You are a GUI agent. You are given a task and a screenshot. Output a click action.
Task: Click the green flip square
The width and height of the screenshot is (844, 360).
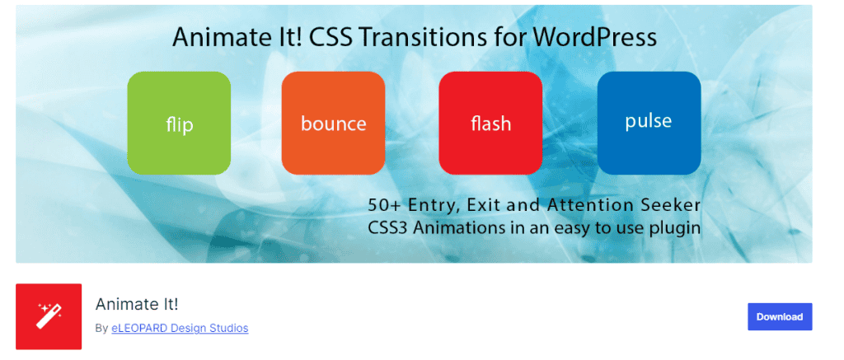(x=179, y=124)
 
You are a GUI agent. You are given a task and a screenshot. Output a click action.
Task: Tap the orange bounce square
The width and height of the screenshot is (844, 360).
(x=333, y=124)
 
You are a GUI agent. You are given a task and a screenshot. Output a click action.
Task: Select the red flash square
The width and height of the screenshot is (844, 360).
(x=490, y=124)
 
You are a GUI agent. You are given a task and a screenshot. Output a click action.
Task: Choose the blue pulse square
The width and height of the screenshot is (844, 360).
(x=649, y=124)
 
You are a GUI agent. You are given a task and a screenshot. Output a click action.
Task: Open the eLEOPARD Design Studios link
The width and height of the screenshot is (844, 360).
(x=180, y=328)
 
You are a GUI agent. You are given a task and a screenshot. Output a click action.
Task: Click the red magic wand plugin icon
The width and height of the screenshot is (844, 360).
(x=49, y=316)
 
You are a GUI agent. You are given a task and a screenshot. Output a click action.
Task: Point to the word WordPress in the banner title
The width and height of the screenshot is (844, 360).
(x=595, y=38)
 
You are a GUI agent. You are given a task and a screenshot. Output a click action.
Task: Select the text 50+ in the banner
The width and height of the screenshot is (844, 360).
(x=384, y=205)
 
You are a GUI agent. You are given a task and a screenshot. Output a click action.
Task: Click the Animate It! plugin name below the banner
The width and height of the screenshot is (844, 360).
(x=137, y=305)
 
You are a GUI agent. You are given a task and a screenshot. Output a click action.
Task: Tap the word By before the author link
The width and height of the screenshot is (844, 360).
(x=101, y=328)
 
